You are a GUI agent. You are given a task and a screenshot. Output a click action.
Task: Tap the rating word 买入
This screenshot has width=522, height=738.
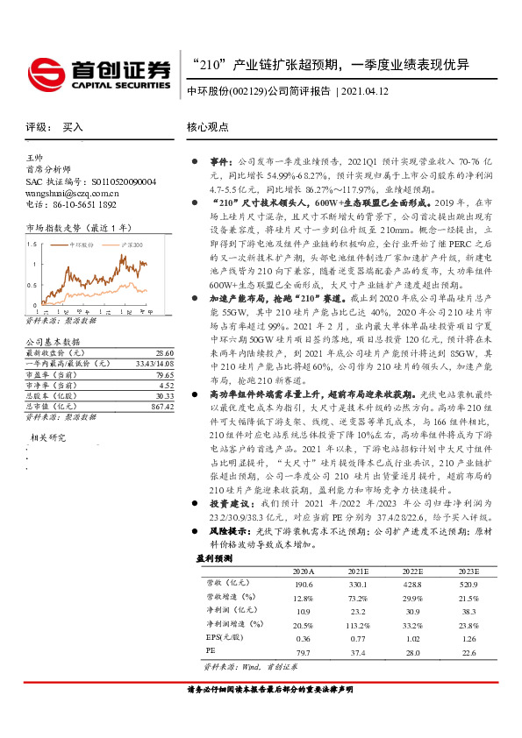(73, 127)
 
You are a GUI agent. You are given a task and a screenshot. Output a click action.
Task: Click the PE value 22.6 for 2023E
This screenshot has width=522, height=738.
(469, 651)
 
